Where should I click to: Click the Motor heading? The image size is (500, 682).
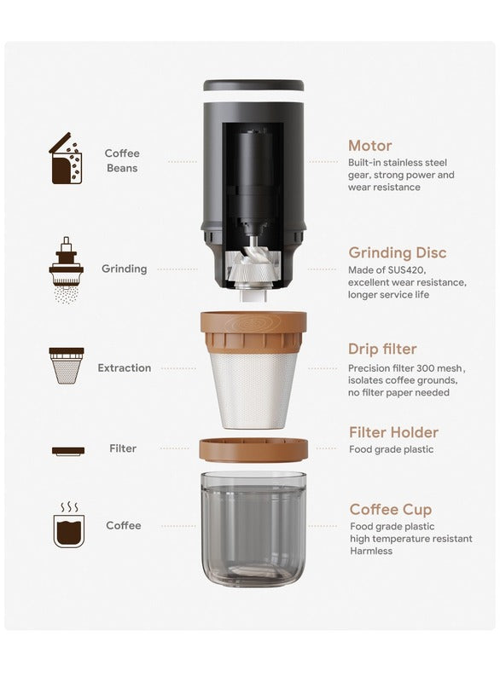(370, 146)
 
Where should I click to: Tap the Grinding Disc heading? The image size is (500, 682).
(398, 252)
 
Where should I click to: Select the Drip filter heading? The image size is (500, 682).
(382, 349)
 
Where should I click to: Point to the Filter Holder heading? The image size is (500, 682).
(393, 432)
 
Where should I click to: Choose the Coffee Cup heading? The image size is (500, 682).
(390, 509)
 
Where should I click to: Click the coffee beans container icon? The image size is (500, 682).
(66, 159)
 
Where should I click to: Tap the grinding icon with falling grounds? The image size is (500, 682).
(67, 269)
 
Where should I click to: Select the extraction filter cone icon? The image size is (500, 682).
(67, 366)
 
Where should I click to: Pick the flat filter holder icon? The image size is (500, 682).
(68, 451)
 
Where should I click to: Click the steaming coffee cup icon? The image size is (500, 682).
(69, 525)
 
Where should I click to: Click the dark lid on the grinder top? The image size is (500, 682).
(253, 85)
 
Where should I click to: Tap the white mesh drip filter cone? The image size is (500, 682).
(253, 390)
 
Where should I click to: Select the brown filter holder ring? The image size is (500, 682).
(253, 450)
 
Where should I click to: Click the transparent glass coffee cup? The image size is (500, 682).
(253, 529)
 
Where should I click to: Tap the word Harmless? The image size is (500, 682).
(371, 551)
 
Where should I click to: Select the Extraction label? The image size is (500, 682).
(124, 368)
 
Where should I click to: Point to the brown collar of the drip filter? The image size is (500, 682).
(253, 332)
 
